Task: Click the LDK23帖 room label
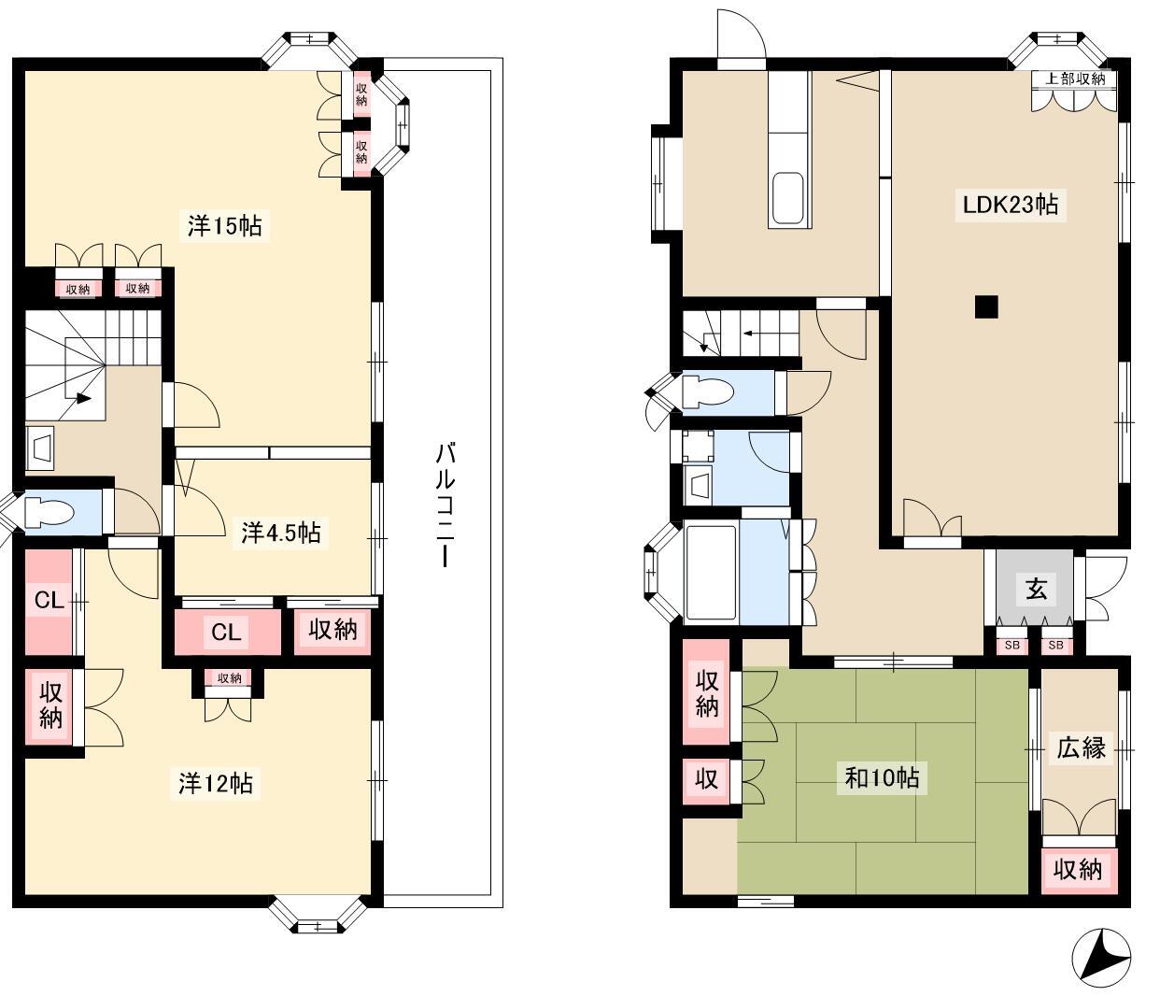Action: point(1011,205)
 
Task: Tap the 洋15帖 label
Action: point(224,226)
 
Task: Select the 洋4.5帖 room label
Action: point(280,533)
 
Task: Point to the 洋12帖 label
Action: point(216,783)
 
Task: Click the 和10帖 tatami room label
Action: point(882,778)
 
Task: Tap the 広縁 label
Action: point(1081,747)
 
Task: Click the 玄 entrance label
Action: point(1036,590)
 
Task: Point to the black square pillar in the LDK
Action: point(986,306)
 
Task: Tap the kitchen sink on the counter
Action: point(789,198)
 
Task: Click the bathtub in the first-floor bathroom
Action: point(711,574)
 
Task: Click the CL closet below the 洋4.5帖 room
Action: point(227,633)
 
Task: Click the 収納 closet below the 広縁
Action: point(1077,870)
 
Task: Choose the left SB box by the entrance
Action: point(1011,645)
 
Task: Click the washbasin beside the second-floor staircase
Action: point(41,447)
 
